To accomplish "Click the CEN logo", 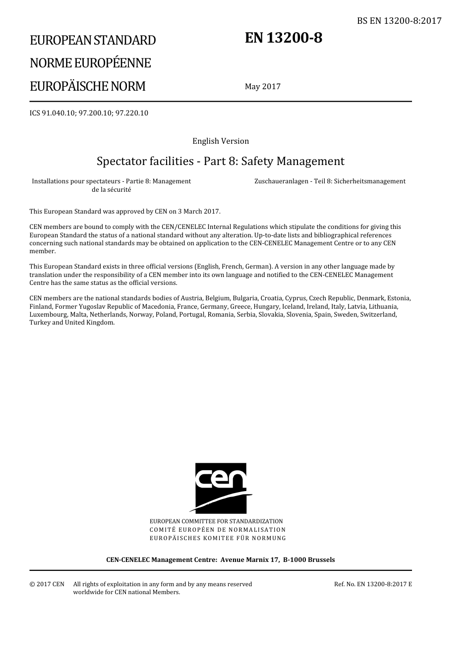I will (221, 488).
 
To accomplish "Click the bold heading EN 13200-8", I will (283, 38).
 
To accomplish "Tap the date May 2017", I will (262, 87).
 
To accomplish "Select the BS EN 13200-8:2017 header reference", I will (399, 21).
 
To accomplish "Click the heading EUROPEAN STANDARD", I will (93, 40).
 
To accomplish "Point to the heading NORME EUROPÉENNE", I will (90, 63).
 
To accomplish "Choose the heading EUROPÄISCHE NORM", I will (87, 86).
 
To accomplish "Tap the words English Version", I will (221, 141).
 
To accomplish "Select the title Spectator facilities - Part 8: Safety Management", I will (221, 161).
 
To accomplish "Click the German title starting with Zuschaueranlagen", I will (330, 181).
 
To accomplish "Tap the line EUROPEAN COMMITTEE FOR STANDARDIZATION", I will (216, 521).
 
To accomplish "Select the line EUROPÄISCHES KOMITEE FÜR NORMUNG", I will (218, 538).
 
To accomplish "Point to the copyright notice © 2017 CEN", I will (47, 584).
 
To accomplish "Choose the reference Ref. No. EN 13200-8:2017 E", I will (373, 584).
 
